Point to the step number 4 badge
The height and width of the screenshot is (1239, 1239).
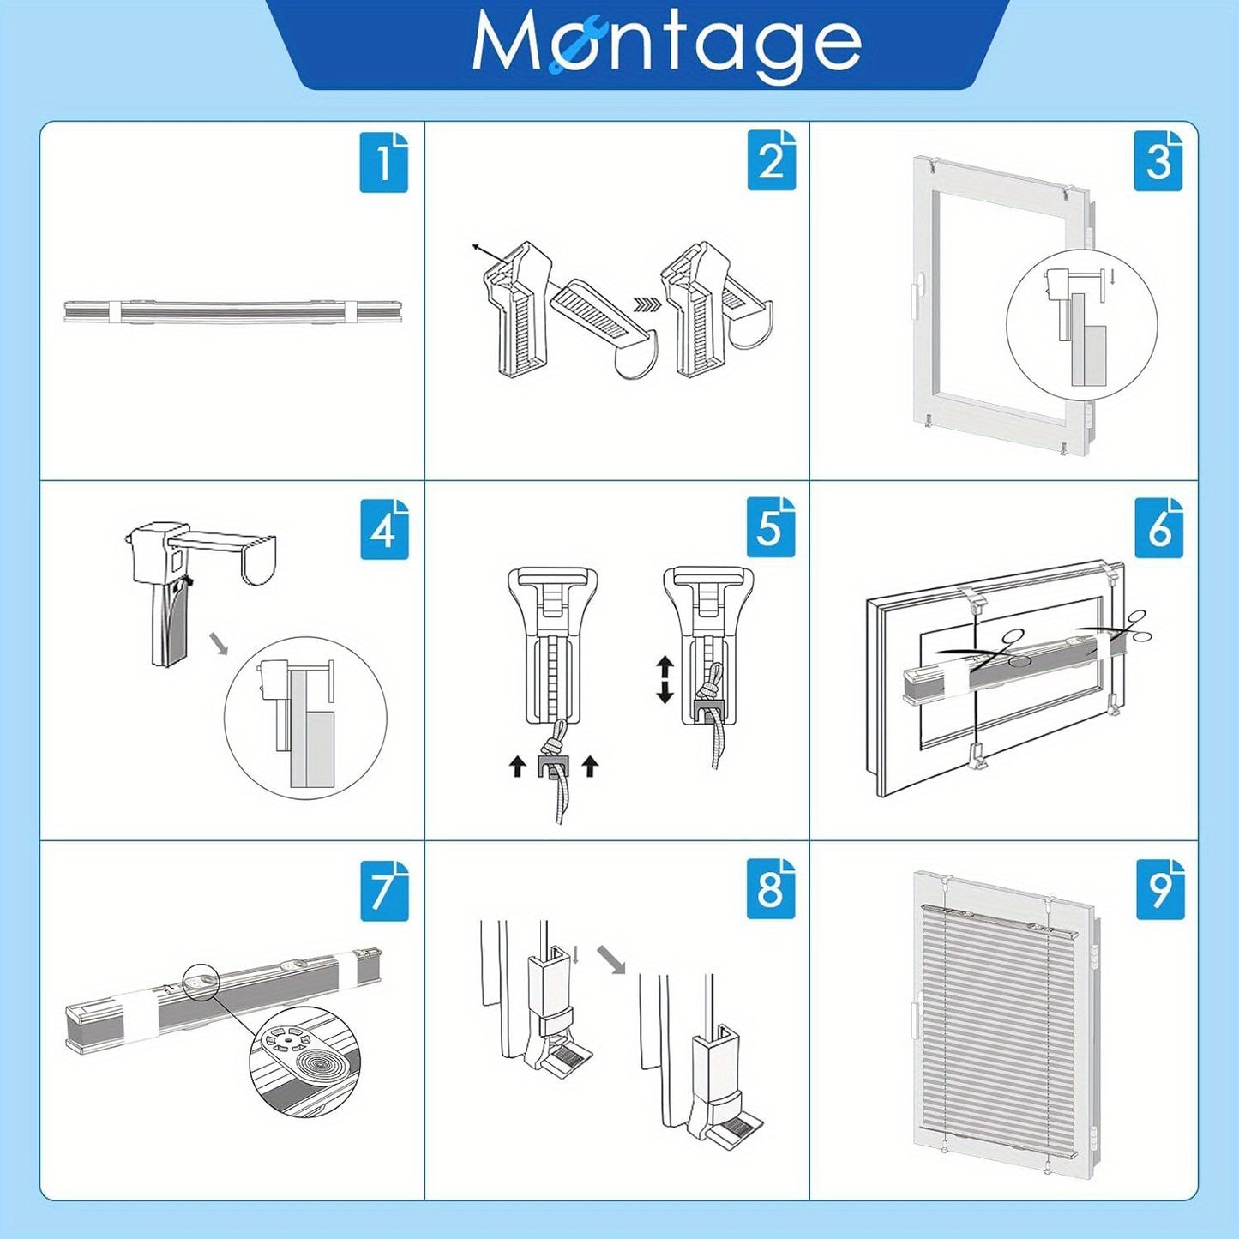(x=384, y=529)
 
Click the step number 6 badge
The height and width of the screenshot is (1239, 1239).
(x=1158, y=528)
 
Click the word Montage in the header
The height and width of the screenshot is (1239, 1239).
(x=667, y=45)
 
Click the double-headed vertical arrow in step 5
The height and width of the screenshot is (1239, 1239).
(x=664, y=679)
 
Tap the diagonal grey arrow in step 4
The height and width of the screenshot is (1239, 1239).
(x=220, y=644)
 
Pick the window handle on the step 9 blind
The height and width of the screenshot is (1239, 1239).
(x=917, y=1032)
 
